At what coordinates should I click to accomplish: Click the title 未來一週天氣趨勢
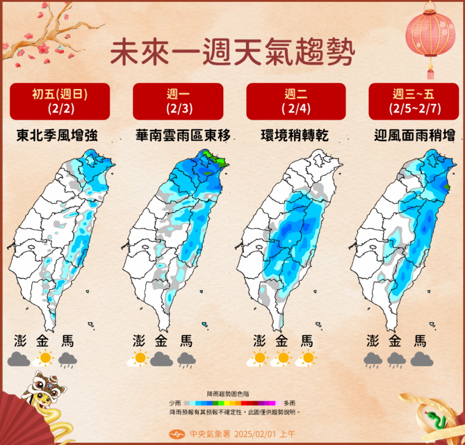coord(232,51)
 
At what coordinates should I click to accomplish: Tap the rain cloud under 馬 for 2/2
coord(68,360)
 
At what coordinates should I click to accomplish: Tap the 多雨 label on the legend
coord(289,403)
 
